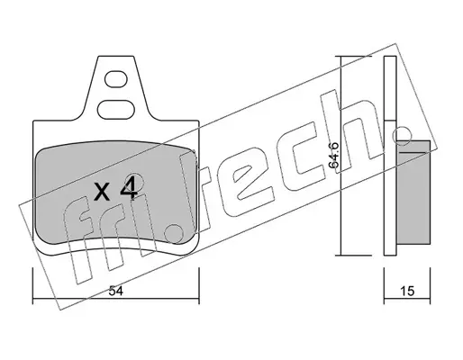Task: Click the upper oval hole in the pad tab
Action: (x=116, y=79)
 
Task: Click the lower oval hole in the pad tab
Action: (x=116, y=110)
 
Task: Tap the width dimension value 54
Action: (x=116, y=291)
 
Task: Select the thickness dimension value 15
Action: (x=407, y=291)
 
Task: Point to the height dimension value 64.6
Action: (x=333, y=155)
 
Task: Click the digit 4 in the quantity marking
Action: (x=129, y=188)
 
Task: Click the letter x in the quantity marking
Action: (x=102, y=193)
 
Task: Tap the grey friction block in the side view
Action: (x=413, y=192)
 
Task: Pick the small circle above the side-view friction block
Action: (x=402, y=136)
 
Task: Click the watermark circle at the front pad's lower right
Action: (x=174, y=234)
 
